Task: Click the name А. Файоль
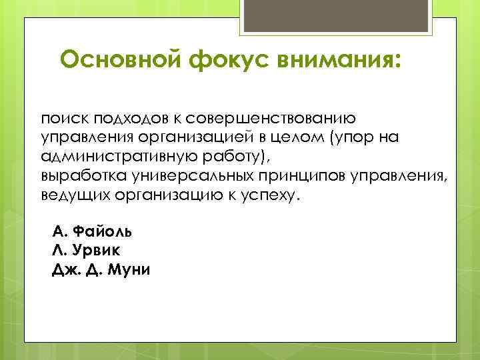(91, 232)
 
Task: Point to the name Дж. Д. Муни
(101, 271)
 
